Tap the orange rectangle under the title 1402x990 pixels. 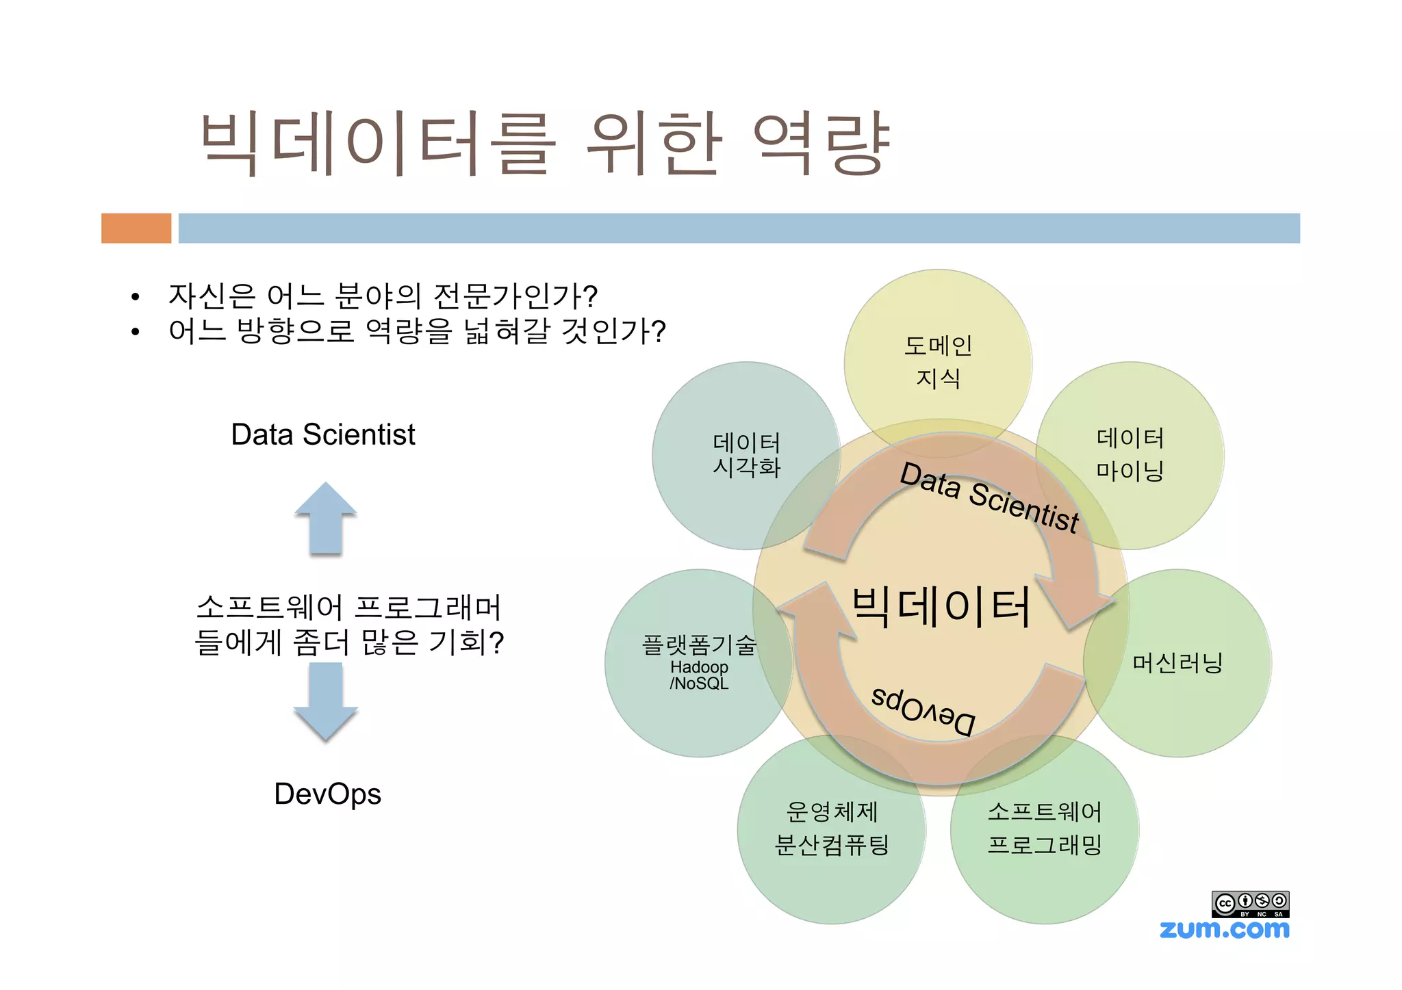(136, 228)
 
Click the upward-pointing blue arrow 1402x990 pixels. (326, 519)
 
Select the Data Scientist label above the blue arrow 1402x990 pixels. (322, 434)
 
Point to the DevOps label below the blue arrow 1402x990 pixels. (327, 794)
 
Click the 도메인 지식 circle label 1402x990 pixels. (938, 362)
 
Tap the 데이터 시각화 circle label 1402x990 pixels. (746, 455)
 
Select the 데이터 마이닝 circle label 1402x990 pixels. (1130, 454)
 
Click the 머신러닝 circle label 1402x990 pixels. (1177, 663)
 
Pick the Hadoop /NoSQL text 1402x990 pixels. (699, 675)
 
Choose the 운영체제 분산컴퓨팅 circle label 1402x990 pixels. (831, 829)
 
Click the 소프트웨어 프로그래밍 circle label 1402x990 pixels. (1045, 829)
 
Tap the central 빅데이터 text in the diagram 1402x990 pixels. (941, 607)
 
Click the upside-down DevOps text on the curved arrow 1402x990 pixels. (923, 712)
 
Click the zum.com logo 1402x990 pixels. (1224, 929)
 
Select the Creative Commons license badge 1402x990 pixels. (1250, 904)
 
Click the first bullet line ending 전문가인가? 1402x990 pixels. (383, 296)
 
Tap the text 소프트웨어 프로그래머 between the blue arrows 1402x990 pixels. (349, 608)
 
